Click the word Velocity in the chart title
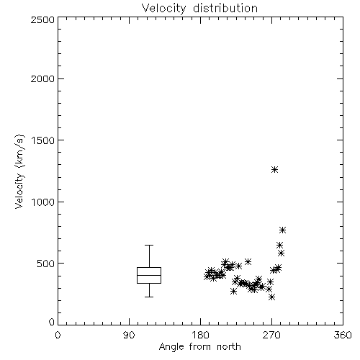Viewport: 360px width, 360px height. point(164,8)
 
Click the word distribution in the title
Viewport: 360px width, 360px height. point(225,8)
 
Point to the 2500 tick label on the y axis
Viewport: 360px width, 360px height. point(43,19)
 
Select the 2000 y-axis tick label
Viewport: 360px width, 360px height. point(43,78)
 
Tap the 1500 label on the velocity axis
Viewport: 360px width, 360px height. point(43,140)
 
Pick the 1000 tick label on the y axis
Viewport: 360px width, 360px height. point(43,202)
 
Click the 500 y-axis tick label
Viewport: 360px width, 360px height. point(46,264)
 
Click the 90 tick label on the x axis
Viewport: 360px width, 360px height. point(129,335)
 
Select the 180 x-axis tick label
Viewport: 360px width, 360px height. point(201,335)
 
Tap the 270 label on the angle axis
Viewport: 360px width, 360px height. point(271,335)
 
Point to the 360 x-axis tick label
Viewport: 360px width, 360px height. point(343,335)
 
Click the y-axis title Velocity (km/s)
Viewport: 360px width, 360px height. point(19,171)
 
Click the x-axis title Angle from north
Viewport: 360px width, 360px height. point(200,347)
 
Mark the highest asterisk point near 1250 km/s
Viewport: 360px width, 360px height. point(274,170)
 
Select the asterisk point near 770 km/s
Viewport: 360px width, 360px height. point(282,230)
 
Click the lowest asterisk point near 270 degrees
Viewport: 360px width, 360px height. point(271,297)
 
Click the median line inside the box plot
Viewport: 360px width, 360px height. point(149,275)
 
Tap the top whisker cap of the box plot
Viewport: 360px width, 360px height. point(149,245)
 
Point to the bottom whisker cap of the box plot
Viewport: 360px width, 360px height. point(149,297)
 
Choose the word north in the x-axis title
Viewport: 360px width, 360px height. point(229,346)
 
